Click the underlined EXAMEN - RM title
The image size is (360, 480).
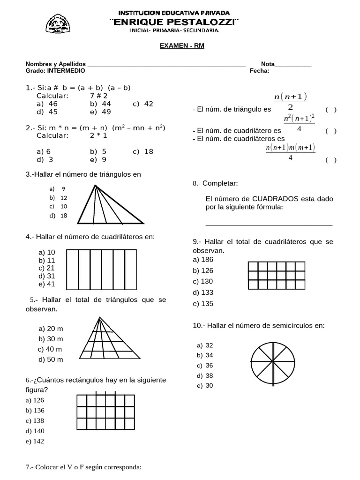180,46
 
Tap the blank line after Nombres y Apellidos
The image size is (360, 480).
166,64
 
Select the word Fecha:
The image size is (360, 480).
260,71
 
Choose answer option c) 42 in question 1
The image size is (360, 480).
143,104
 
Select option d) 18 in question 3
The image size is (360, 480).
58,216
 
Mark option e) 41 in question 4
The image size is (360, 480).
47,284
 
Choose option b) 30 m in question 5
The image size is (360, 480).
51,339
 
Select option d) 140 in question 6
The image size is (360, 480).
35,431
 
